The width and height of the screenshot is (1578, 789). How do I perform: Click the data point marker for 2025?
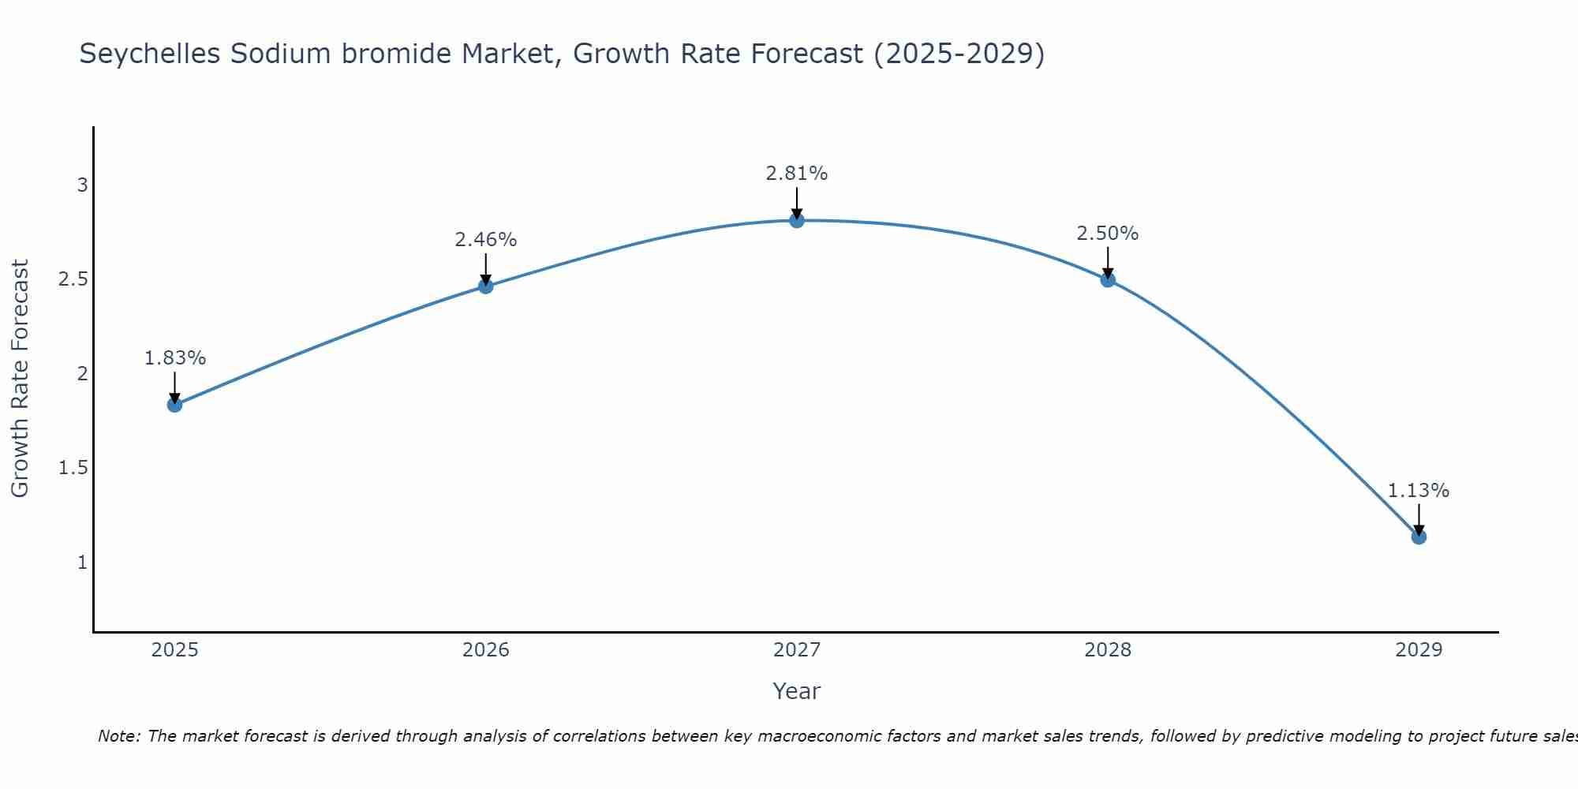point(174,405)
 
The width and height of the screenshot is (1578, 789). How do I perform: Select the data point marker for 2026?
point(485,286)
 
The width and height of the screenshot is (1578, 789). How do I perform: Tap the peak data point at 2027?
point(796,220)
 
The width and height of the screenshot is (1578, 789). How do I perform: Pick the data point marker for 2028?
point(1107,279)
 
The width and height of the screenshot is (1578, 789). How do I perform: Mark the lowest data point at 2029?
point(1418,537)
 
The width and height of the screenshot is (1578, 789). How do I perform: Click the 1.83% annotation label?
point(174,358)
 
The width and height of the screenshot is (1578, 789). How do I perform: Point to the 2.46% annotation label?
point(485,240)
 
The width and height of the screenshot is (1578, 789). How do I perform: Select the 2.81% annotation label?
point(796,174)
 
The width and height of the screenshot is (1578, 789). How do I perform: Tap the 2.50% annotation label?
point(1107,234)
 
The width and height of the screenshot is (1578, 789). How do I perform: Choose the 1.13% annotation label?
point(1418,491)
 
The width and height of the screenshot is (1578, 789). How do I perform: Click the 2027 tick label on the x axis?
point(796,650)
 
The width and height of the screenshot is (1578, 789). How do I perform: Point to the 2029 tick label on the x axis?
point(1418,650)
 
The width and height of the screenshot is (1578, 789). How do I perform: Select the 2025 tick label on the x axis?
point(174,650)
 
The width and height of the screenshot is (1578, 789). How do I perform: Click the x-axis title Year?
point(796,691)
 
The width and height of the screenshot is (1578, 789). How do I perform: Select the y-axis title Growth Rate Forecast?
point(20,379)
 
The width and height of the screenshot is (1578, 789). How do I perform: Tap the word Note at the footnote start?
point(118,736)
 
